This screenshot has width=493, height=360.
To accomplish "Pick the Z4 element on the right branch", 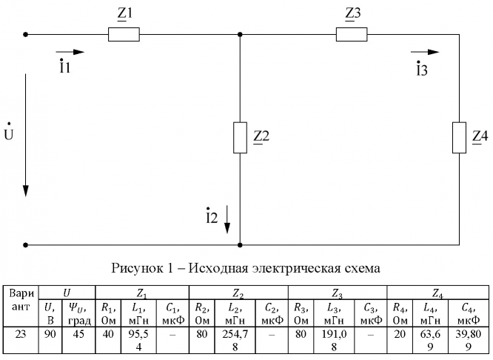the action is [460, 137].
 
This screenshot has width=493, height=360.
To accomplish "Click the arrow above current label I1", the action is [70, 53].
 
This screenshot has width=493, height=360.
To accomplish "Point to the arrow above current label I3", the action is [425, 53].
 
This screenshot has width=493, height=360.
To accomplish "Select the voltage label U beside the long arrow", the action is [8, 135].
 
